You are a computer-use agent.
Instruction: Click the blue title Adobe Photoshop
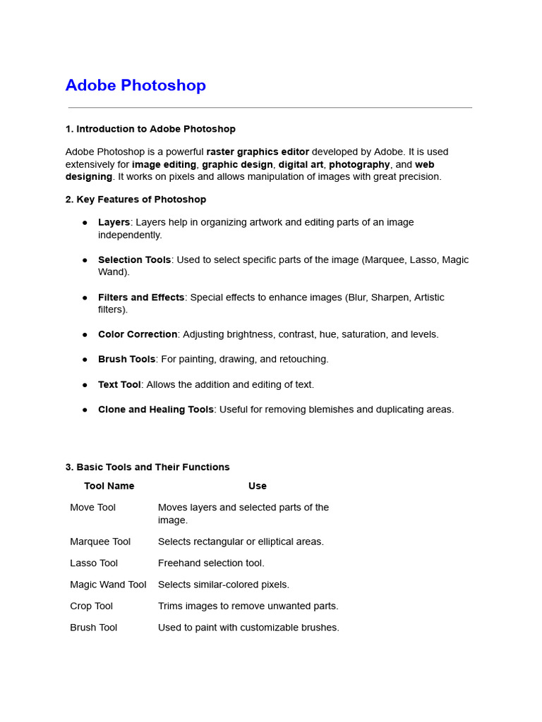tap(135, 85)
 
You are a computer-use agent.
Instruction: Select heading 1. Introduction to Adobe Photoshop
tap(150, 129)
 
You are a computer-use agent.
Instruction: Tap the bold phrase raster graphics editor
tap(258, 152)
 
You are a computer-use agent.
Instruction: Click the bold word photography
tap(359, 164)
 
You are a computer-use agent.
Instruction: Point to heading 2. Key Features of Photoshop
tap(135, 200)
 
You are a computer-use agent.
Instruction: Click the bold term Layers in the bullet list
tap(114, 222)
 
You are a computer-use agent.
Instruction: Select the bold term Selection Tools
tap(134, 259)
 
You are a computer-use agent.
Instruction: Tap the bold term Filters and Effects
tap(141, 298)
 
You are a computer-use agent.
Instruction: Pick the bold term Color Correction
tap(138, 334)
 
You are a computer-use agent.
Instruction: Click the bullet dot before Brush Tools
tap(85, 360)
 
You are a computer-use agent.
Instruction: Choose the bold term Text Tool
tap(119, 384)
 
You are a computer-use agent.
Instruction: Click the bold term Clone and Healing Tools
tap(155, 409)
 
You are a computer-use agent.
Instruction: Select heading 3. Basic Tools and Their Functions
tap(147, 467)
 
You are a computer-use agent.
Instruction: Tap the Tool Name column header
tap(109, 486)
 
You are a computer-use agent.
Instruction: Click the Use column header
tap(257, 486)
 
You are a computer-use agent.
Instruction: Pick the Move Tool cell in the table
tap(92, 508)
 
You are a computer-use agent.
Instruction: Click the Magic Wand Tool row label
tap(108, 585)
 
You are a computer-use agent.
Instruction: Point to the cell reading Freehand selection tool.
tap(211, 563)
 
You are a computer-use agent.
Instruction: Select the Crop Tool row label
tap(91, 606)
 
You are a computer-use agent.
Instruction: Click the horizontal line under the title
tap(270, 108)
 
